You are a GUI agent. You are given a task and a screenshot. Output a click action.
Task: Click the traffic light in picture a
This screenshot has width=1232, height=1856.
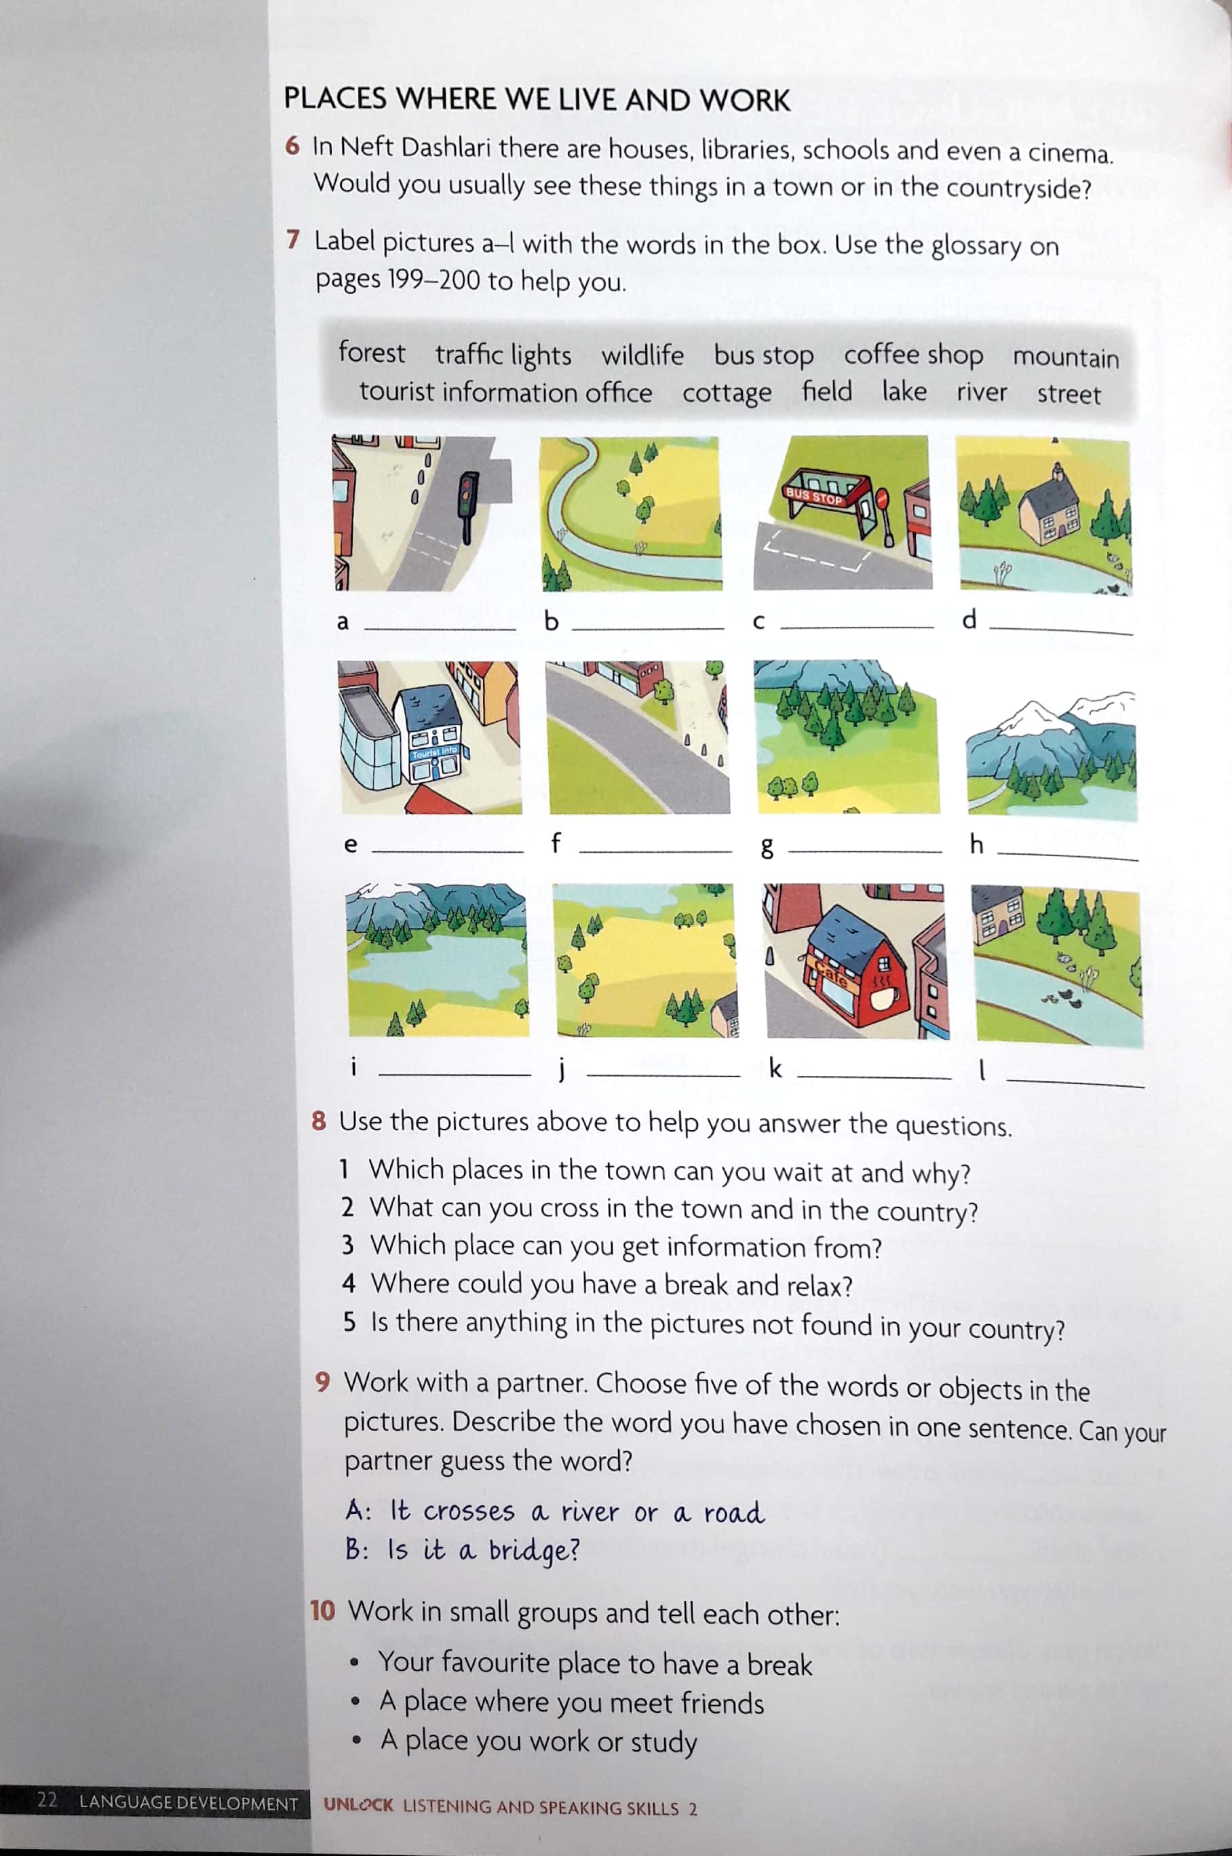click(467, 503)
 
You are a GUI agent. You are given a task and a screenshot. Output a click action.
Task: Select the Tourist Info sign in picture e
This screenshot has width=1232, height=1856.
click(434, 752)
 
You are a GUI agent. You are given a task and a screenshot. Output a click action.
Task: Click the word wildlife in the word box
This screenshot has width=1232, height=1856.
click(642, 355)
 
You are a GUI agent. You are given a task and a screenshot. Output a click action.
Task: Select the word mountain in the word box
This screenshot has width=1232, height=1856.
click(1064, 357)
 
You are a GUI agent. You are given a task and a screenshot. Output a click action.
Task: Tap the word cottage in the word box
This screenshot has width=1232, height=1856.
click(726, 392)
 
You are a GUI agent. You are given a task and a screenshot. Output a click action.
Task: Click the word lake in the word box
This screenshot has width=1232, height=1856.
click(904, 391)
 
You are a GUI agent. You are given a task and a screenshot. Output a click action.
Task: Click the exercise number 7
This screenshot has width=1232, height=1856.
click(293, 239)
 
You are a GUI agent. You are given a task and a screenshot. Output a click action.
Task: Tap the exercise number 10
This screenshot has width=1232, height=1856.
click(322, 1611)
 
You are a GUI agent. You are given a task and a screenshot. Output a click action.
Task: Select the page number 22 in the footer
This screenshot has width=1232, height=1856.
click(47, 1800)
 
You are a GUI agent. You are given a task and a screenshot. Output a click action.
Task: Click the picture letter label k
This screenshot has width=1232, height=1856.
click(775, 1068)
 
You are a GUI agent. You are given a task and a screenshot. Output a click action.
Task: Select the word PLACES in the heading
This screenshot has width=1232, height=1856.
click(336, 99)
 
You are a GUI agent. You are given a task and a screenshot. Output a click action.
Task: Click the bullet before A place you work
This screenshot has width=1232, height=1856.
click(357, 1741)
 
